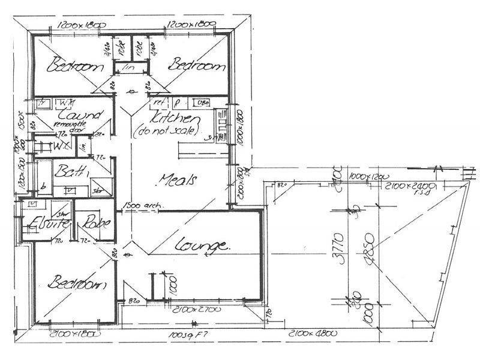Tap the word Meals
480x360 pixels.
(x=180, y=179)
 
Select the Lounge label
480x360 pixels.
(x=203, y=245)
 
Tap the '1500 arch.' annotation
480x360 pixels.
(x=142, y=208)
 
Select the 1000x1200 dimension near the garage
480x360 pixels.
(x=367, y=178)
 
